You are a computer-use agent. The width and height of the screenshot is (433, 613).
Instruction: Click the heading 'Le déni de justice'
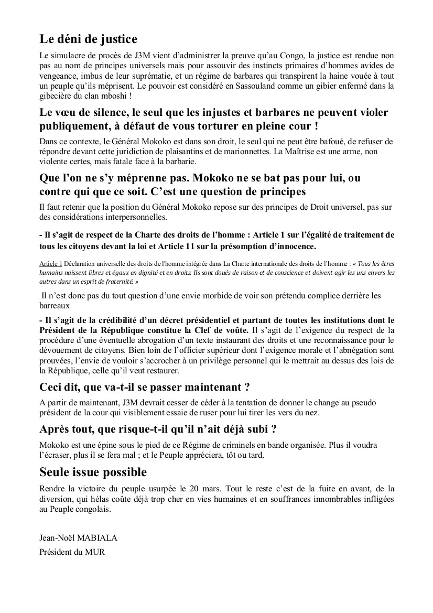click(x=88, y=39)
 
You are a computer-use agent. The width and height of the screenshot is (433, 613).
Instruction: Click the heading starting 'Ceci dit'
click(x=144, y=388)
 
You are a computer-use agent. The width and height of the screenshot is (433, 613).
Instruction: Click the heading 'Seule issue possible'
click(x=93, y=471)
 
